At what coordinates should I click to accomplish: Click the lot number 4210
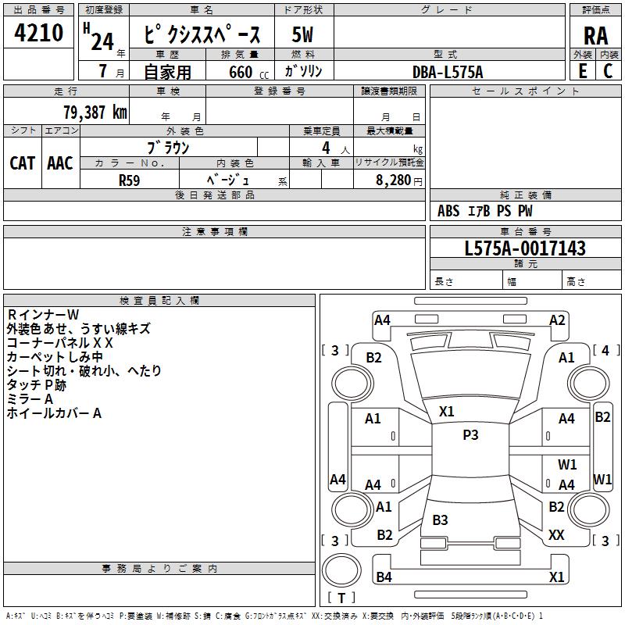(38, 33)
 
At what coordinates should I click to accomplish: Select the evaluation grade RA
(595, 36)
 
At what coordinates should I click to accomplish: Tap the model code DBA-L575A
(448, 72)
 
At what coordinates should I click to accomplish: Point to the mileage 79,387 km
(95, 112)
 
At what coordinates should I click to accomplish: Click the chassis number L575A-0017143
(525, 248)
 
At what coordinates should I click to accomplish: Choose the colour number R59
(129, 180)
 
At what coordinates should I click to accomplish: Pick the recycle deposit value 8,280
(394, 180)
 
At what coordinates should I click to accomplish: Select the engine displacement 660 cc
(248, 73)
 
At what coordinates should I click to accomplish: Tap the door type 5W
(302, 34)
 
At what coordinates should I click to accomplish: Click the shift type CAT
(23, 163)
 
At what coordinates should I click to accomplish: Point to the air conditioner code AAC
(60, 163)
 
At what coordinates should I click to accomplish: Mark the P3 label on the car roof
(470, 434)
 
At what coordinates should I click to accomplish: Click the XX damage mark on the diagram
(556, 535)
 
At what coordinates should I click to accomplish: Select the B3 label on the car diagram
(440, 520)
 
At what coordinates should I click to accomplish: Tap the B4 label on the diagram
(384, 577)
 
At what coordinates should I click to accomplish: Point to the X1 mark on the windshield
(446, 412)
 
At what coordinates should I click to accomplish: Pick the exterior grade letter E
(582, 71)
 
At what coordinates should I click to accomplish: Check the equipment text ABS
(448, 211)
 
